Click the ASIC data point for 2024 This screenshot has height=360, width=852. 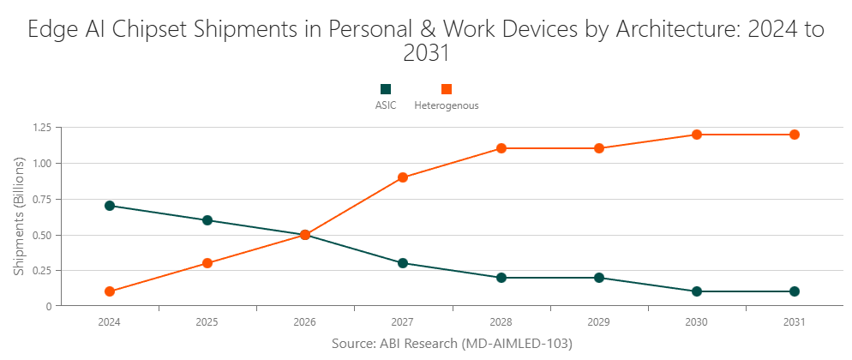[x=109, y=206]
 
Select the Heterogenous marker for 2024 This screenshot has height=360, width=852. [x=109, y=291]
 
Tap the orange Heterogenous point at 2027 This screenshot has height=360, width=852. [x=403, y=177]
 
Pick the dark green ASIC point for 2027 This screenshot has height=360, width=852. [x=403, y=263]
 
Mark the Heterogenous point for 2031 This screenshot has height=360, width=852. [x=795, y=135]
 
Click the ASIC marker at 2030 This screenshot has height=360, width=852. [x=697, y=291]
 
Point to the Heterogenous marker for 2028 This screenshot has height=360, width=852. [x=501, y=148]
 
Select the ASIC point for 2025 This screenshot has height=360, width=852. [x=207, y=220]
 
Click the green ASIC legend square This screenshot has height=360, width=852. [x=386, y=89]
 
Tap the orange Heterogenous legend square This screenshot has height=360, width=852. [x=446, y=89]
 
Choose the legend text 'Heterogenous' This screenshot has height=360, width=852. [x=446, y=106]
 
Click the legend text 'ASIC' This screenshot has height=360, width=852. [x=386, y=106]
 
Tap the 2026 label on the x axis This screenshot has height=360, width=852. [x=304, y=323]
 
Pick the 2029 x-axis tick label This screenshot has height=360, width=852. [x=598, y=323]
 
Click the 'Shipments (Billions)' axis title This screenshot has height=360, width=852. [x=19, y=216]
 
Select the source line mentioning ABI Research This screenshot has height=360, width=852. [x=451, y=343]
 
